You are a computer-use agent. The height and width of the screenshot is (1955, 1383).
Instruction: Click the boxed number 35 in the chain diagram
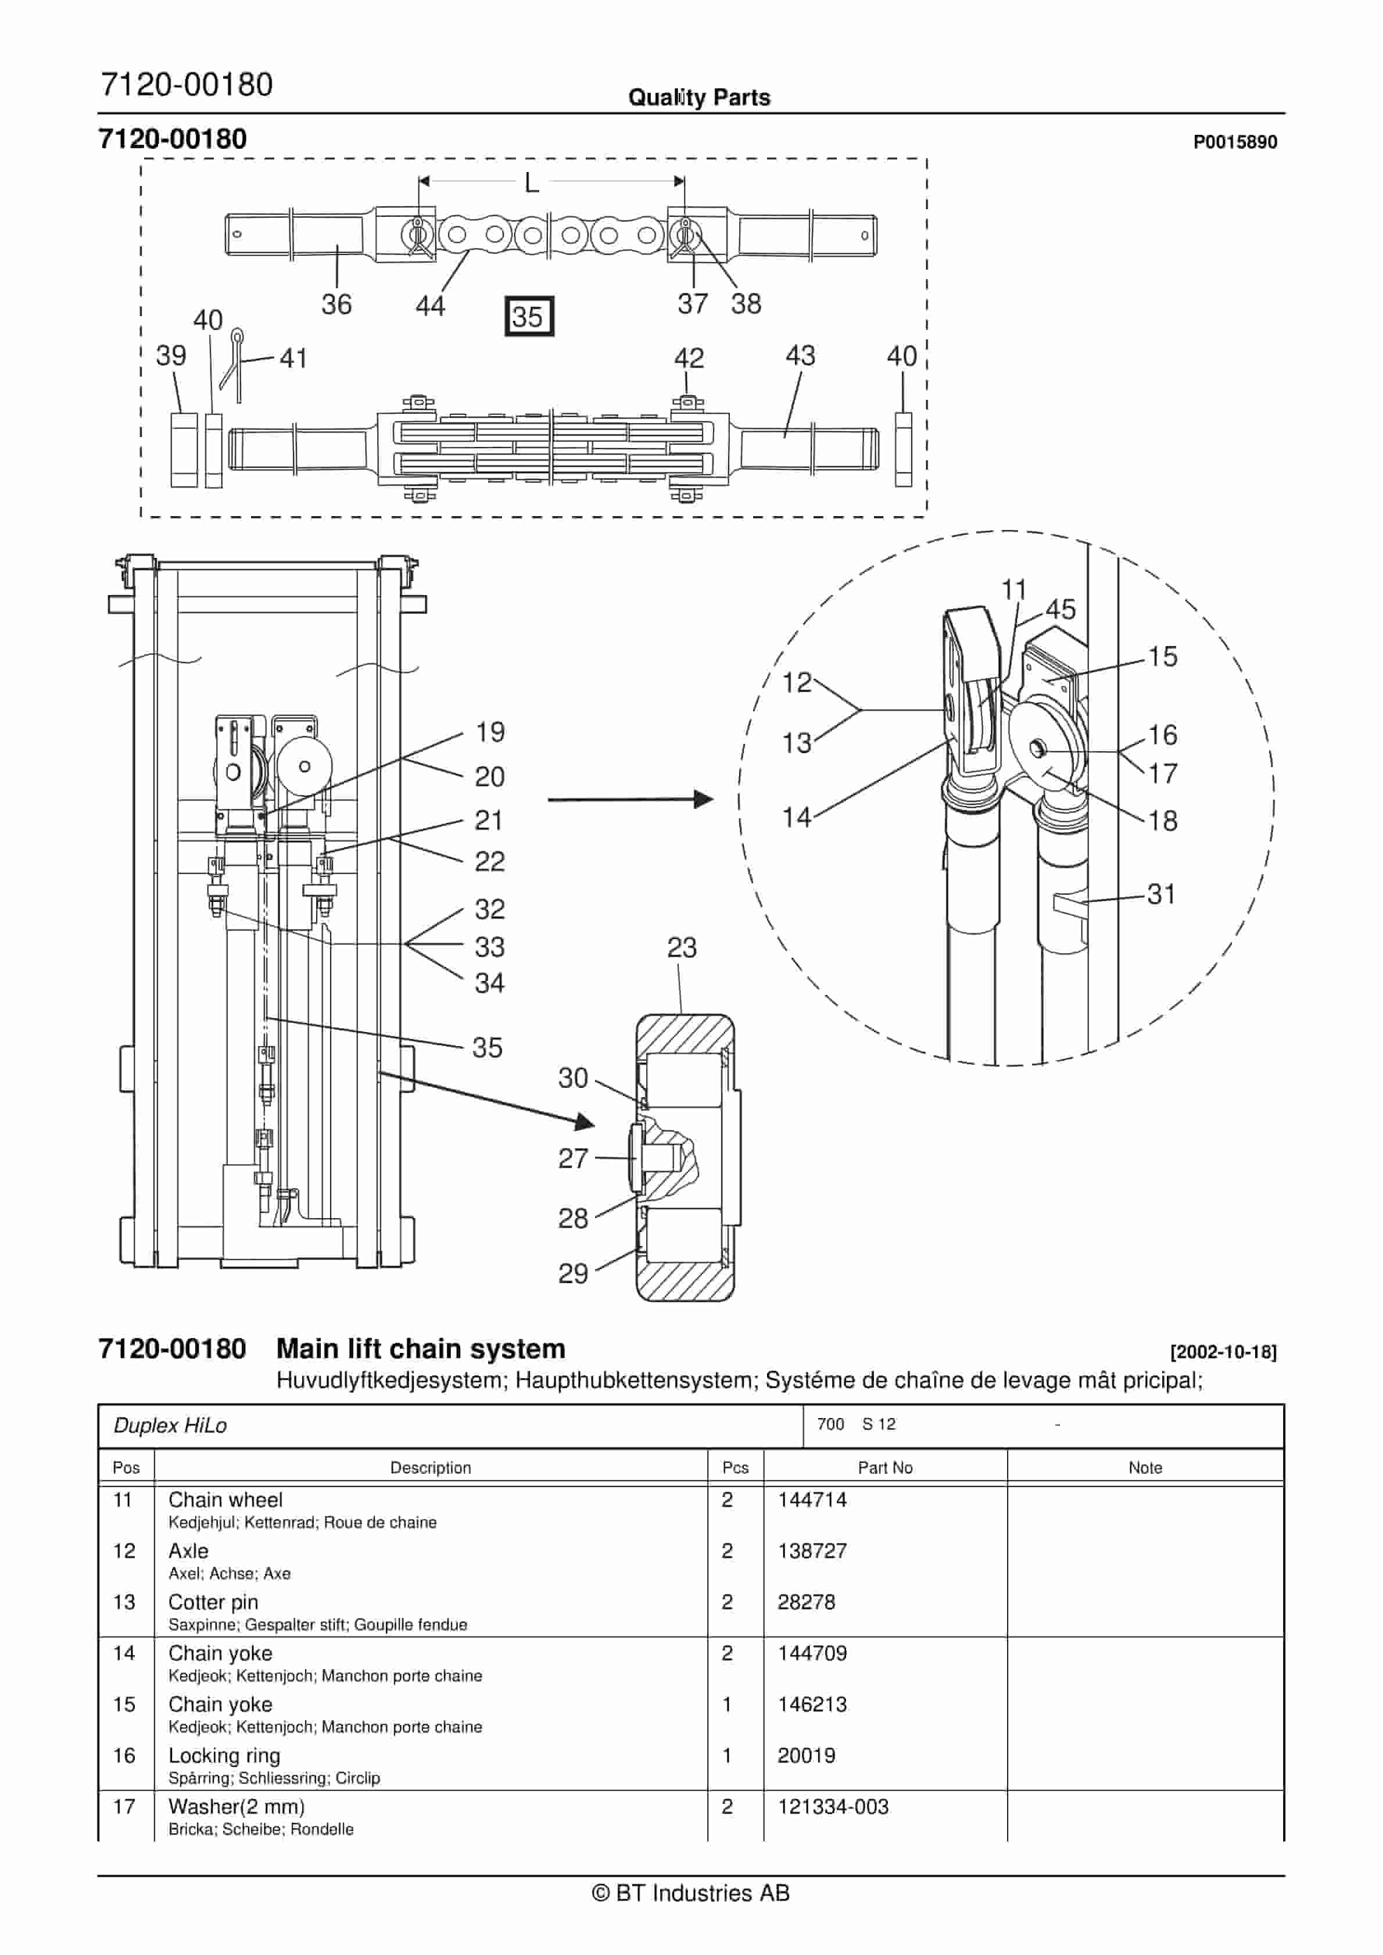coord(529,317)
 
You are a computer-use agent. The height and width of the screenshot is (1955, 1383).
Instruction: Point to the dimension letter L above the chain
coord(531,182)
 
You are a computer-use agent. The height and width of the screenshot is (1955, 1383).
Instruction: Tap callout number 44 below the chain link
coord(430,306)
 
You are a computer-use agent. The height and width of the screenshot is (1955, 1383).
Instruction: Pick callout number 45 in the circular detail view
coord(1060,609)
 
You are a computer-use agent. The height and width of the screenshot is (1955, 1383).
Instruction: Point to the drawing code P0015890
coord(1234,142)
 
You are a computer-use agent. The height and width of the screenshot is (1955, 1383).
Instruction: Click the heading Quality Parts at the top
coord(698,98)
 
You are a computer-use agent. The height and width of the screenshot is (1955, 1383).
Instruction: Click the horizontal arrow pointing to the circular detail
coord(630,800)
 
